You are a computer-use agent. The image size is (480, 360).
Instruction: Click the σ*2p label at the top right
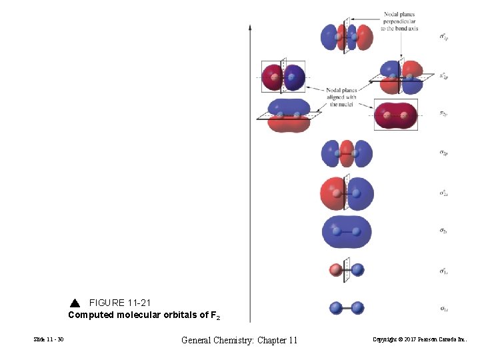click(x=443, y=37)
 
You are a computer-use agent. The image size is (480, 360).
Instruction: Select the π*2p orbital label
click(x=443, y=77)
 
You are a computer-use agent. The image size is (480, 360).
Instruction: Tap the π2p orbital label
click(x=443, y=114)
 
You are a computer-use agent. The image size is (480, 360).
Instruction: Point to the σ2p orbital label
click(x=443, y=153)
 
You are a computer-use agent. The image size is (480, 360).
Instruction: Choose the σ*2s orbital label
click(x=443, y=193)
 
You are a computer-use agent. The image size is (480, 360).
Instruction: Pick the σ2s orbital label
click(x=443, y=231)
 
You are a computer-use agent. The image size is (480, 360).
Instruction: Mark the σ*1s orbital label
click(x=443, y=271)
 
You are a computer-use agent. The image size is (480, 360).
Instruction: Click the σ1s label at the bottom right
click(x=443, y=309)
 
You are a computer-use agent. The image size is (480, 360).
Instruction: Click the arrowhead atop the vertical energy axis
click(x=250, y=28)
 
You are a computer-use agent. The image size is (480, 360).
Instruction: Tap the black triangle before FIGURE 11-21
click(x=74, y=303)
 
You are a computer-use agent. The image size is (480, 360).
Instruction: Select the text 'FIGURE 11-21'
click(x=120, y=303)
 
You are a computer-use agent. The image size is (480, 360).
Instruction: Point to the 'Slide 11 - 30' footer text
click(x=49, y=340)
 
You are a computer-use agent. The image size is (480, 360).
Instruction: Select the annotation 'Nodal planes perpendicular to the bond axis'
click(x=399, y=22)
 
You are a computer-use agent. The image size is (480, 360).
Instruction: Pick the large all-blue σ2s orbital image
click(x=347, y=231)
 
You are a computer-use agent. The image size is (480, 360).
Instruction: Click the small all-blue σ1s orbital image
click(x=347, y=308)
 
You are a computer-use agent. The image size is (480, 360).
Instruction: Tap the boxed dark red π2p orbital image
click(x=395, y=115)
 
